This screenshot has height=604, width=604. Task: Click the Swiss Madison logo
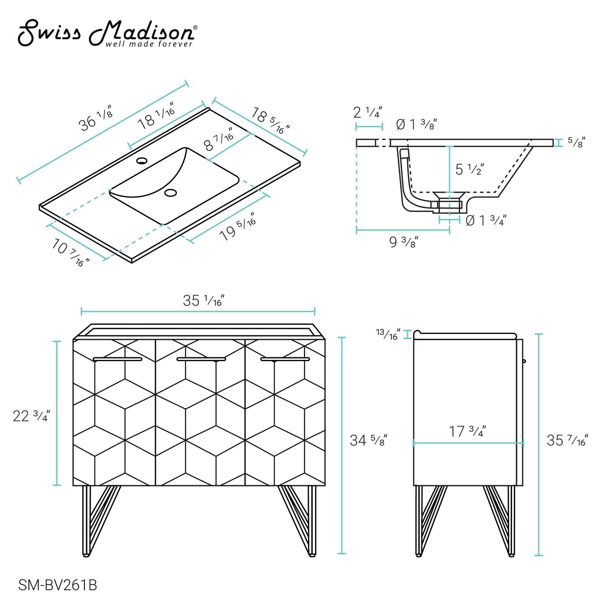coord(107,33)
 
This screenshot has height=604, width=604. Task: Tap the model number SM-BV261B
coord(57,585)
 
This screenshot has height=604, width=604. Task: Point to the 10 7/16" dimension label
coord(70,252)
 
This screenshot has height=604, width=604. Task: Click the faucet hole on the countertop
coord(142,161)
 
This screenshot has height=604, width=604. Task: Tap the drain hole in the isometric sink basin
coord(171,193)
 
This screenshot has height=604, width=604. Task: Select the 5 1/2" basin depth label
coord(469,169)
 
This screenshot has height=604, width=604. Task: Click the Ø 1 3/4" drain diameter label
coord(486,220)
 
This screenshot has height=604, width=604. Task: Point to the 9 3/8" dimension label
coord(403,242)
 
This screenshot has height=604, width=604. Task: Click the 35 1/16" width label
coord(204,301)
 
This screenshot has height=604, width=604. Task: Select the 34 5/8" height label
coord(368,440)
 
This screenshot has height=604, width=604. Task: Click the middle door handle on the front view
coord(201,359)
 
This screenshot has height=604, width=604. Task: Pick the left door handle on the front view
coord(117,359)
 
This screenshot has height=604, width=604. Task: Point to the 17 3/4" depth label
coord(467,431)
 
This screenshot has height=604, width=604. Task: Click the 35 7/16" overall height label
coord(567,440)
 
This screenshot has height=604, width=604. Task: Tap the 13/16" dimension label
coord(387,334)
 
